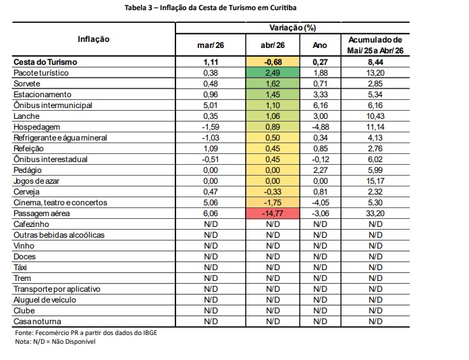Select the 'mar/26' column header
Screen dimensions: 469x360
[211, 45]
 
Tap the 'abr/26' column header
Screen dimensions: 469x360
[273, 45]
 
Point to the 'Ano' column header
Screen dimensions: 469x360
[320, 45]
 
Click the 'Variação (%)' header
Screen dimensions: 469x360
[292, 28]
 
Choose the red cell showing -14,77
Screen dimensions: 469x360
[273, 213]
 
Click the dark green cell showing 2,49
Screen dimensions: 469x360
[273, 73]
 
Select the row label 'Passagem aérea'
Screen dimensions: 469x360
[42, 213]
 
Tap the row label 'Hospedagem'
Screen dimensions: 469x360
[37, 127]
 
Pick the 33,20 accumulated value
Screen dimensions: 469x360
[375, 213]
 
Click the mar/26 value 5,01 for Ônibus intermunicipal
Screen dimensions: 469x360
[211, 105]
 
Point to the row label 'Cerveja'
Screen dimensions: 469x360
[26, 192]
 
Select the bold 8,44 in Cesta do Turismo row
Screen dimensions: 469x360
[376, 62]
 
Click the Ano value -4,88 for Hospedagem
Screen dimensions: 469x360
[321, 127]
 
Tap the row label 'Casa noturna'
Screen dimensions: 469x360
[37, 322]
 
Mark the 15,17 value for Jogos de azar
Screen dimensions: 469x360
[375, 181]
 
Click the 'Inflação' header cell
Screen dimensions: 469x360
[94, 39]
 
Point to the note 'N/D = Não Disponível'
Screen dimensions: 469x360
[64, 342]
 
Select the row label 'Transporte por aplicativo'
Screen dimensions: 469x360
[57, 289]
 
